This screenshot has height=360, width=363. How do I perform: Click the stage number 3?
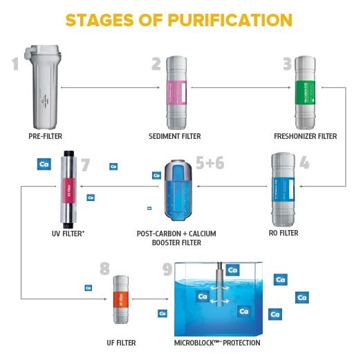pos(287,65)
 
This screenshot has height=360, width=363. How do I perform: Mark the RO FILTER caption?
pos(282,234)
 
